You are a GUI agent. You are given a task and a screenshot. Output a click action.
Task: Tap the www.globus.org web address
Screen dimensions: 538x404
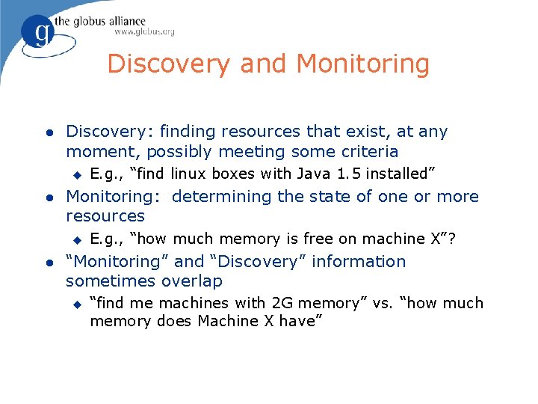pyautogui.click(x=144, y=32)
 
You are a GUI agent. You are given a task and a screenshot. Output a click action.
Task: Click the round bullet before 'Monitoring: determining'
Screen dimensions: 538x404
pyautogui.click(x=49, y=198)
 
